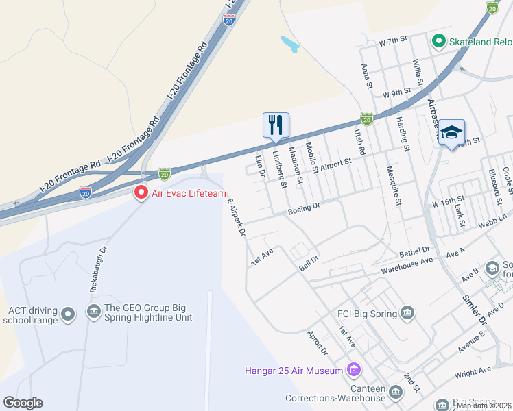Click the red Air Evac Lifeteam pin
coord(141,193)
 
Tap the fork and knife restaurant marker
coord(276,125)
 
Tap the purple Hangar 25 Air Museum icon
coord(354,371)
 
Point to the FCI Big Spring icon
coord(408,314)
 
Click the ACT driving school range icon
coord(67,314)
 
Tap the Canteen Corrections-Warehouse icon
coord(395,393)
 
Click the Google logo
coord(23,403)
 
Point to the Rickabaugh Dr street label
coord(99,271)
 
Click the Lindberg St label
coord(279,171)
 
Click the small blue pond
coord(289,44)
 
